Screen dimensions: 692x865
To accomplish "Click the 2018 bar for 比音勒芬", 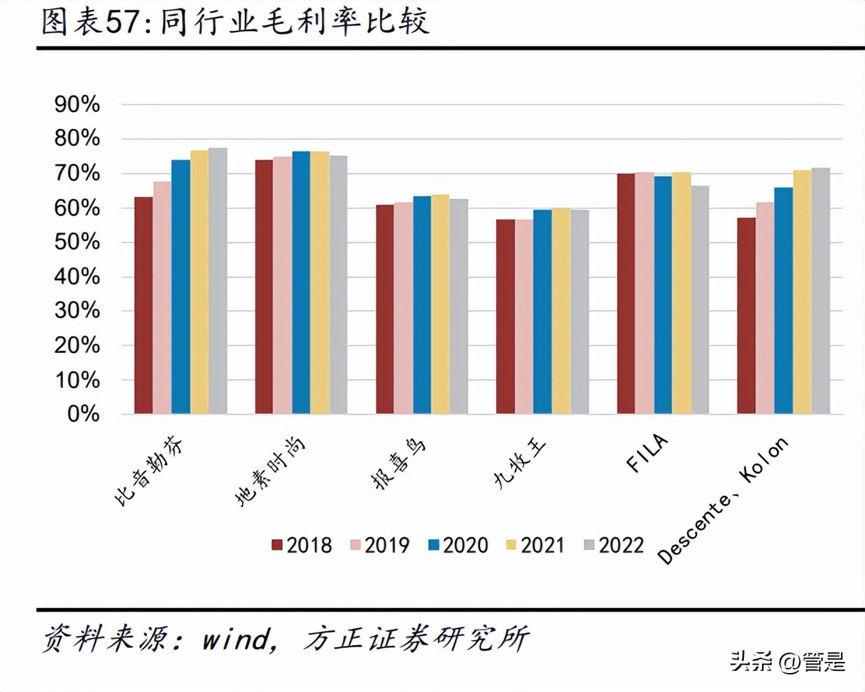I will click(x=143, y=305).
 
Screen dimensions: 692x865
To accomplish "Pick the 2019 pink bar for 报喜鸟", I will click(x=403, y=308).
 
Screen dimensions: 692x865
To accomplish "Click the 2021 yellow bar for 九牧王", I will click(x=561, y=311).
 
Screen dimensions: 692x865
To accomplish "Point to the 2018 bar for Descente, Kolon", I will click(x=746, y=316).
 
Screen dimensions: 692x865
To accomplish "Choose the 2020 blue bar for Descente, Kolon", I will click(x=783, y=300).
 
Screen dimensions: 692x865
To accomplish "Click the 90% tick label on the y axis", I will click(x=77, y=104).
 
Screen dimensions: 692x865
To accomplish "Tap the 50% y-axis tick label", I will click(x=77, y=242).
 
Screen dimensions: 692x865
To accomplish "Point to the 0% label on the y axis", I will click(x=83, y=414).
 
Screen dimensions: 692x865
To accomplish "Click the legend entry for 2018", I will click(x=302, y=545).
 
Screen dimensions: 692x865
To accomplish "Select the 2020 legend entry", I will click(x=458, y=545).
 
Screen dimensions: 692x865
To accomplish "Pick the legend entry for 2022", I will click(x=614, y=545).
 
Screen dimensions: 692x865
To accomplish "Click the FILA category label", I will click(x=647, y=454).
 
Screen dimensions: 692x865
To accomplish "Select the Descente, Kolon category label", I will click(x=723, y=500).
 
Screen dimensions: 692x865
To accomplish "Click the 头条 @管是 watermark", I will click(x=787, y=661).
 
